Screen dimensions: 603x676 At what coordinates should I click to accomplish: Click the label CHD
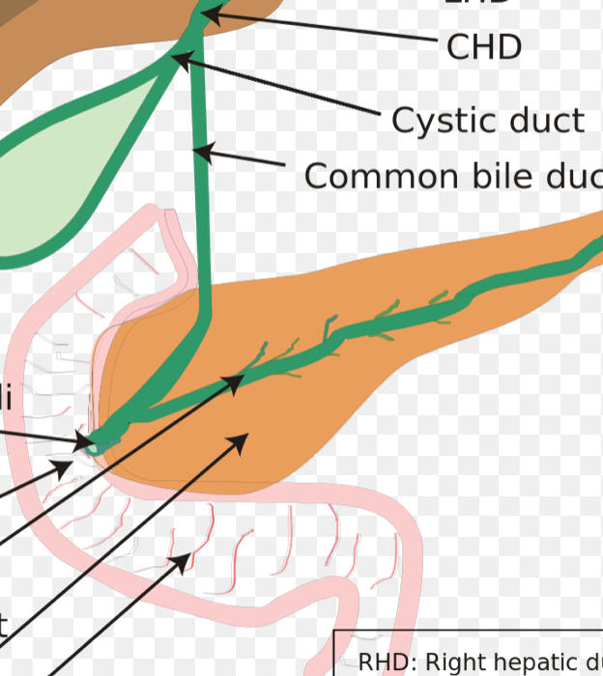(484, 46)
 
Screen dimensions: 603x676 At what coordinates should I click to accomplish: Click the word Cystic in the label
(431, 121)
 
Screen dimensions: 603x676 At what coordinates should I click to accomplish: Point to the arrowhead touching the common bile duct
(202, 151)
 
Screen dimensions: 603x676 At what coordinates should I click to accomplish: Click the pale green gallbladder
(58, 174)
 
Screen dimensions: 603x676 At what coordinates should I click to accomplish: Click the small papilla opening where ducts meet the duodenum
(91, 444)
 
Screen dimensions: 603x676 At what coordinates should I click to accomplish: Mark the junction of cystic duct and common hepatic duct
(184, 50)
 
